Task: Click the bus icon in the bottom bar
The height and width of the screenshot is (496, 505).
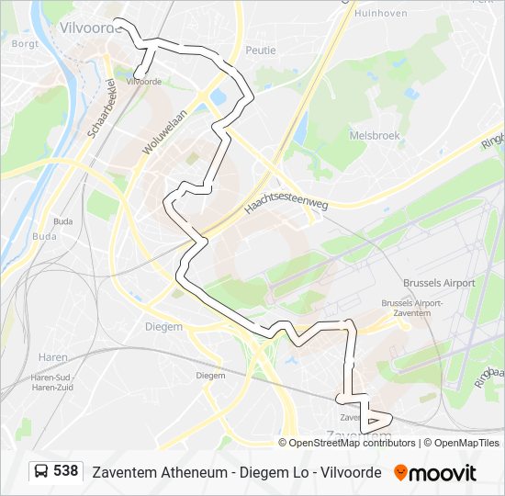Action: (x=41, y=471)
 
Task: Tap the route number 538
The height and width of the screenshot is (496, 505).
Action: (x=65, y=471)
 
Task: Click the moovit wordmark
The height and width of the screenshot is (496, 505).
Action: (x=443, y=472)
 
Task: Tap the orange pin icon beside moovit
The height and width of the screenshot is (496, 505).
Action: (x=399, y=472)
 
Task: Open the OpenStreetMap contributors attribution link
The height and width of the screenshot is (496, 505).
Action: (x=353, y=443)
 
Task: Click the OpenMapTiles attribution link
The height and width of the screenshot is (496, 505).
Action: (x=463, y=443)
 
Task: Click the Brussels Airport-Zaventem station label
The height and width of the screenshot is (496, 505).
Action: (x=412, y=308)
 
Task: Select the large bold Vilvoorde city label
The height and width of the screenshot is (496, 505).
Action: (x=90, y=28)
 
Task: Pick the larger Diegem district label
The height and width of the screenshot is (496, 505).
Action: (x=163, y=325)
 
